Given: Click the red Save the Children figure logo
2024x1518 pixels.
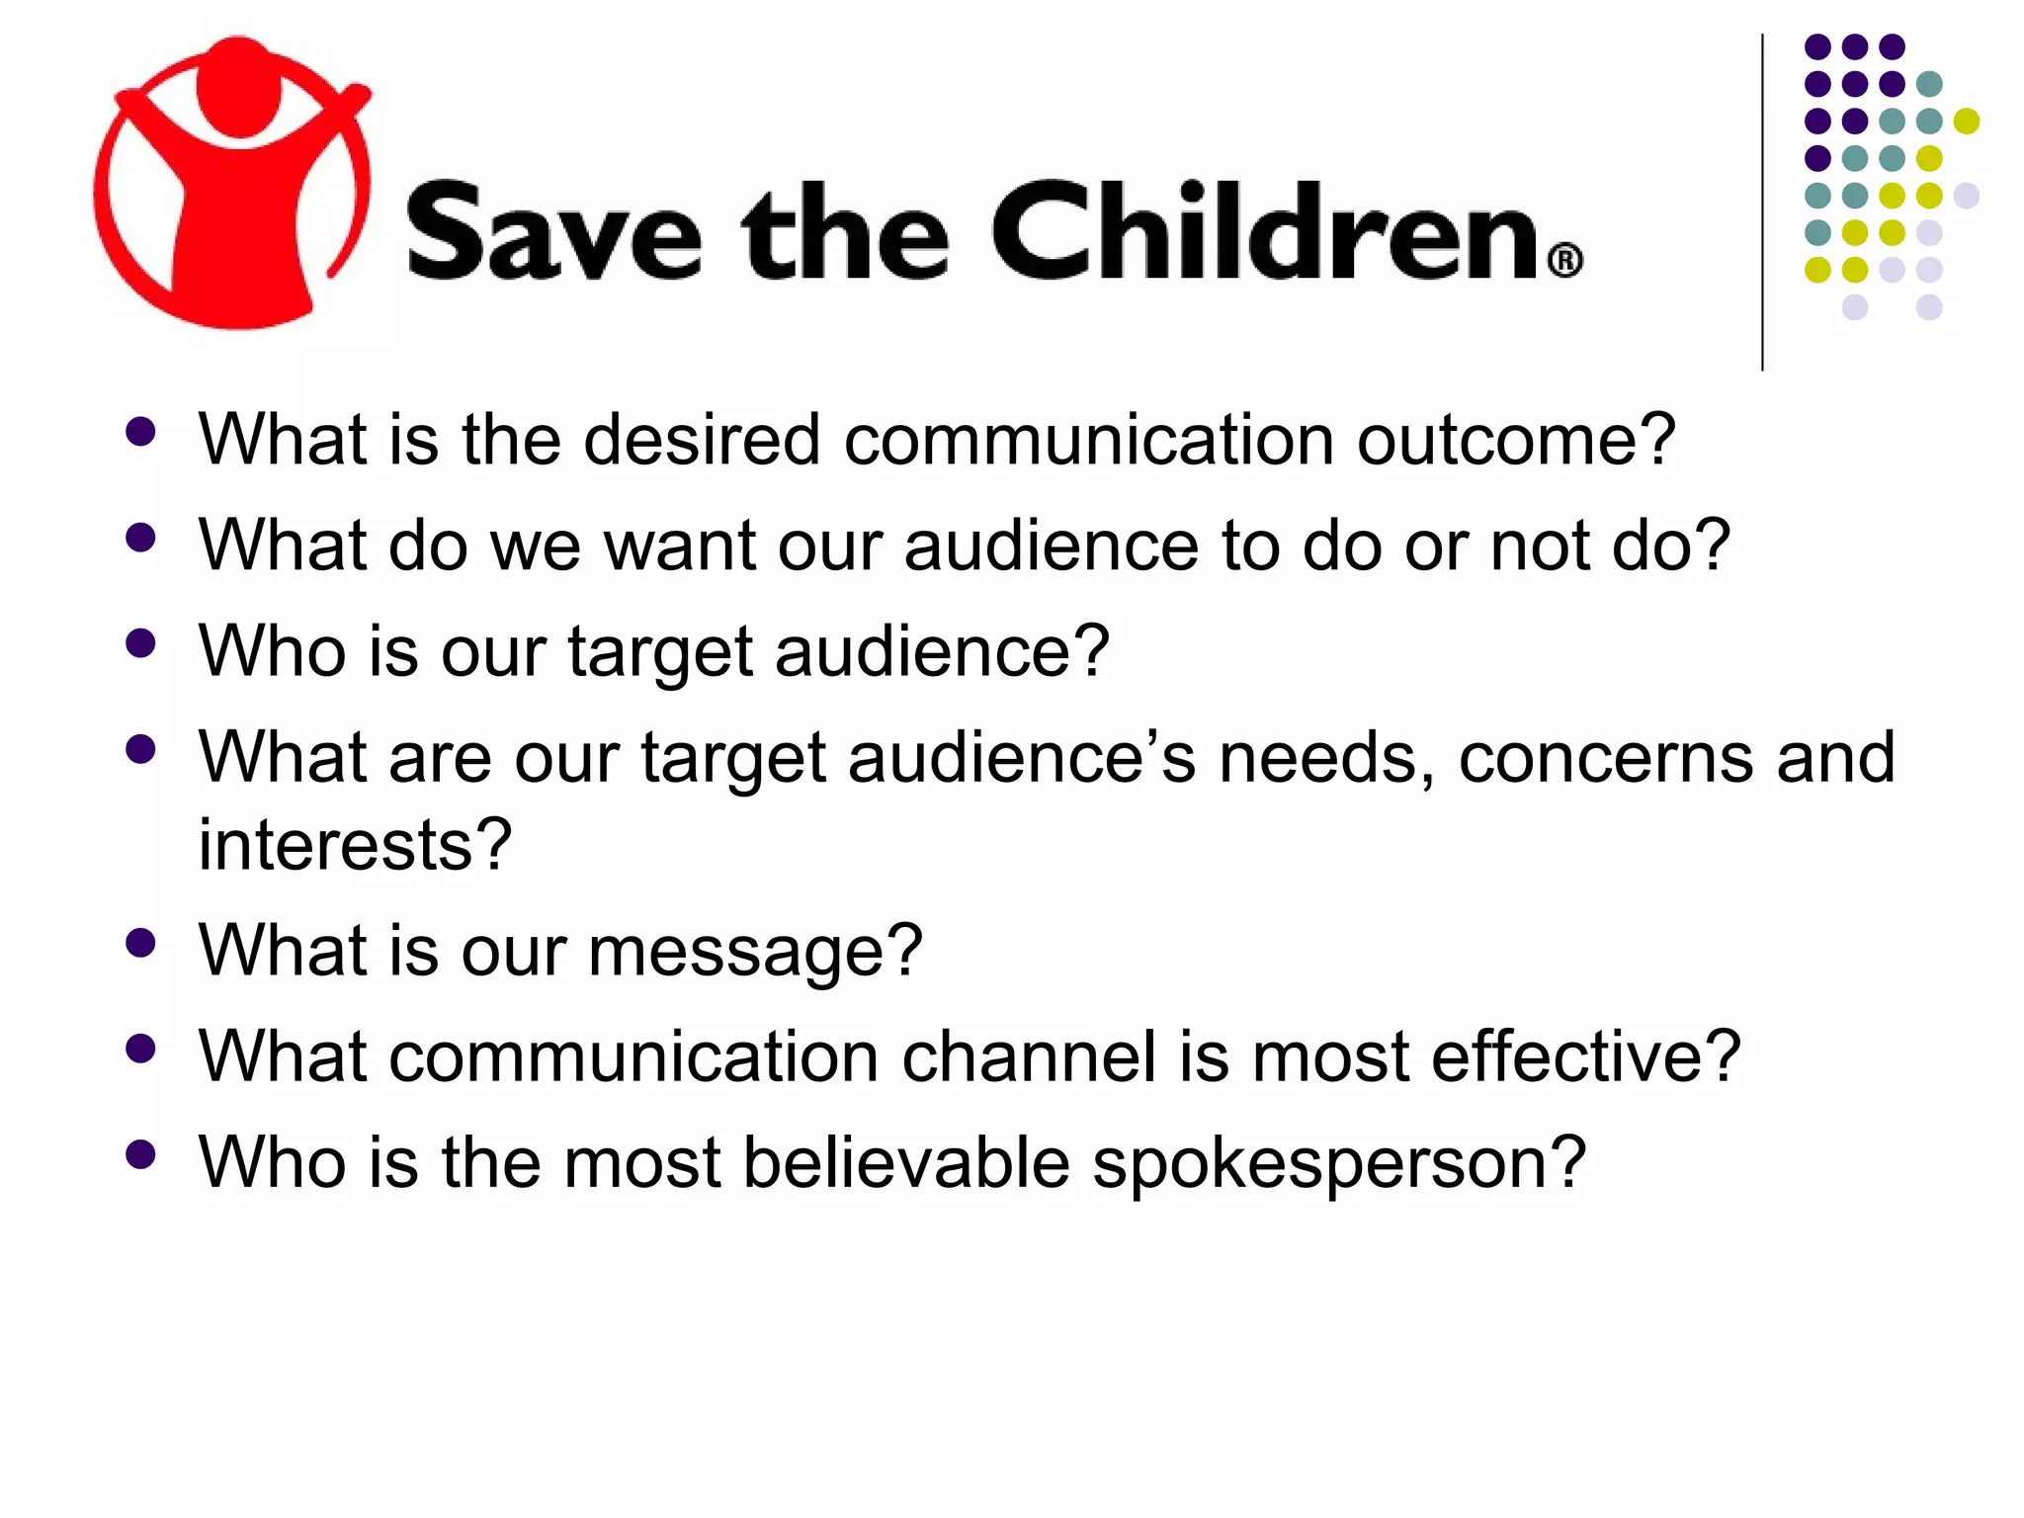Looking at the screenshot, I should [x=233, y=184].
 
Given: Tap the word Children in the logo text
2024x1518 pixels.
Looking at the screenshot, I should [x=1264, y=232].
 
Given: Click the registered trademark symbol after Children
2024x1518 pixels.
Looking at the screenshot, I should [x=1564, y=262].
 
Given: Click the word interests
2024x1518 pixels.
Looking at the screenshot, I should [x=355, y=845].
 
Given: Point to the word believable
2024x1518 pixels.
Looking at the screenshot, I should [x=906, y=1162].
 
